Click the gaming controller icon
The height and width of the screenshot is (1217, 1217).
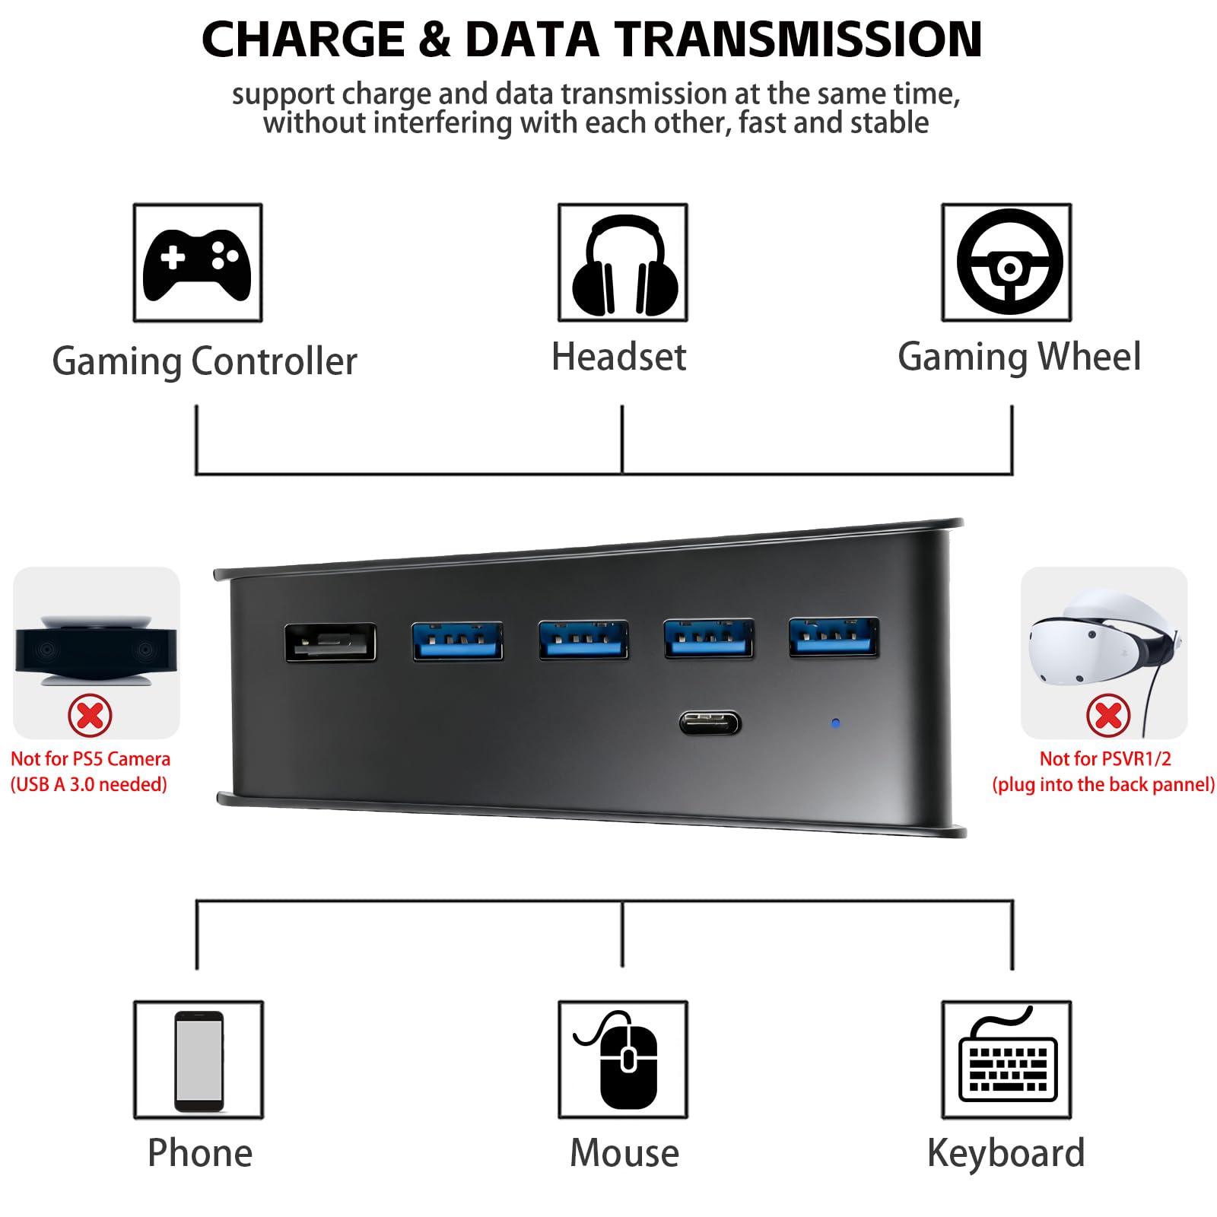click(x=197, y=263)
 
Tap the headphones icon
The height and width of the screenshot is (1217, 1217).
click(x=624, y=265)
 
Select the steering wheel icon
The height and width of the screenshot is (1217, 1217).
click(x=1009, y=262)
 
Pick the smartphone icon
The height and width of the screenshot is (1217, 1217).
click(x=199, y=1061)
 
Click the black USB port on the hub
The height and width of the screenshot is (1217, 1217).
click(x=330, y=643)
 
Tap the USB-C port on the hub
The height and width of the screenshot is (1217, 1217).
click(x=710, y=723)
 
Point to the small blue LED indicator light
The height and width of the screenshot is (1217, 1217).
click(x=836, y=723)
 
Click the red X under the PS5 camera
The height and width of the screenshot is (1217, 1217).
click(x=90, y=715)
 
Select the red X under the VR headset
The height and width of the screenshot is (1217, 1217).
click(x=1108, y=715)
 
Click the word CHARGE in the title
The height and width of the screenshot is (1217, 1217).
click(x=303, y=40)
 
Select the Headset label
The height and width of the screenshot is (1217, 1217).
click(x=618, y=357)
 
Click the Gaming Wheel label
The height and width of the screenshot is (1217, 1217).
click(x=1019, y=357)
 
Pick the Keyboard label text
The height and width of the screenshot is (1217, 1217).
click(x=1006, y=1153)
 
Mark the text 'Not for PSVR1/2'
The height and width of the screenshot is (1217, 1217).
click(x=1105, y=758)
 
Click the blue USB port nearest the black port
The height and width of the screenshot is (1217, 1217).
click(x=458, y=640)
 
